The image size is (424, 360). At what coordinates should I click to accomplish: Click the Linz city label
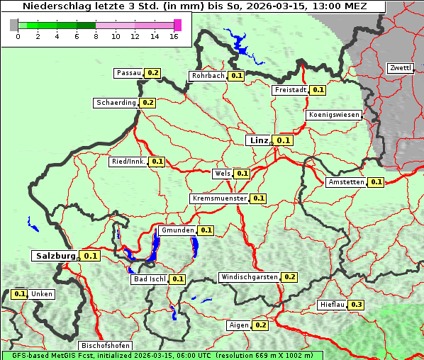pyautogui.click(x=259, y=140)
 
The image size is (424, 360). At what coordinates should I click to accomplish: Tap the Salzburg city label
pyautogui.click(x=55, y=256)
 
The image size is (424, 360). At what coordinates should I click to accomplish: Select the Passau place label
pyautogui.click(x=128, y=73)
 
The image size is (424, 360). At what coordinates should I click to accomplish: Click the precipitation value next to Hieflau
pyautogui.click(x=356, y=305)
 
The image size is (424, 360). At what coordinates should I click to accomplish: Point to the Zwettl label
pyautogui.click(x=400, y=68)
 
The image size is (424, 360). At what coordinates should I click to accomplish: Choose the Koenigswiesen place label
pyautogui.click(x=334, y=115)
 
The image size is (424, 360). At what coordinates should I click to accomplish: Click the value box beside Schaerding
pyautogui.click(x=147, y=103)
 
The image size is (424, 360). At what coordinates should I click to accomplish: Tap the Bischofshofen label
pyautogui.click(x=105, y=345)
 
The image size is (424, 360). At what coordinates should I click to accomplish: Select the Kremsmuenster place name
pyautogui.click(x=219, y=198)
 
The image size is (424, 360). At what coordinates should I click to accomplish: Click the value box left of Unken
pyautogui.click(x=20, y=294)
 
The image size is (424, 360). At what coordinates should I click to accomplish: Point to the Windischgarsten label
pyautogui.click(x=249, y=277)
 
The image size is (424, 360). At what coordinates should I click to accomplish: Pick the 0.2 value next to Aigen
pyautogui.click(x=260, y=325)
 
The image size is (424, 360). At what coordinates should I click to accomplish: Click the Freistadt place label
pyautogui.click(x=291, y=90)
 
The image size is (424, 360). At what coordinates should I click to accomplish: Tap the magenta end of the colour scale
pyautogui.click(x=177, y=25)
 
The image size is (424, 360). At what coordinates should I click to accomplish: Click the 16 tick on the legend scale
pyautogui.click(x=174, y=37)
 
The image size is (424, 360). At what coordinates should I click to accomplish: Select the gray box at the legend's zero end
pyautogui.click(x=13, y=25)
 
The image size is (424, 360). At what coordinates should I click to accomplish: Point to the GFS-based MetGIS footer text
pyautogui.click(x=162, y=355)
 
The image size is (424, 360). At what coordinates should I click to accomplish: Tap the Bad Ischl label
pyautogui.click(x=149, y=279)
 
